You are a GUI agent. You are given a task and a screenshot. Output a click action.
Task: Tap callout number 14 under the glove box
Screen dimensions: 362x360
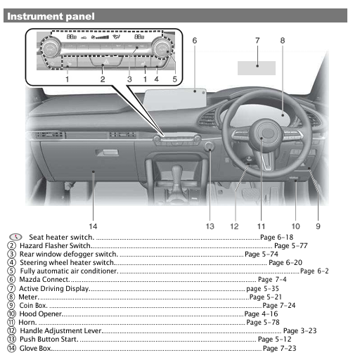[x=93, y=226]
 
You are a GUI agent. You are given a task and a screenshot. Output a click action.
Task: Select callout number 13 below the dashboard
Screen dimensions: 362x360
[x=210, y=226]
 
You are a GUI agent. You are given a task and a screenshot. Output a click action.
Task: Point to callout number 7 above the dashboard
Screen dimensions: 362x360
[x=257, y=41]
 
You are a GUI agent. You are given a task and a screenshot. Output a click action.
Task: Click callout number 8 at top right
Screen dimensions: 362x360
[x=283, y=41]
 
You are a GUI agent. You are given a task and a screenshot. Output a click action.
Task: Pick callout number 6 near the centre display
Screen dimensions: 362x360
[x=194, y=41]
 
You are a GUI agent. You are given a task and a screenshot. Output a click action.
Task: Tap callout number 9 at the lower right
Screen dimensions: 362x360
[x=318, y=226]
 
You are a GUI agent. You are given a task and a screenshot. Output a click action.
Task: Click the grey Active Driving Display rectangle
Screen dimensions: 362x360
[x=257, y=67]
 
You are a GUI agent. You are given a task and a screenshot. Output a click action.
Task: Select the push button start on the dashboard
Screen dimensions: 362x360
[x=209, y=147]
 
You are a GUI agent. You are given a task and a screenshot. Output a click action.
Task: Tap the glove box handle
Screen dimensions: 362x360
[x=107, y=153]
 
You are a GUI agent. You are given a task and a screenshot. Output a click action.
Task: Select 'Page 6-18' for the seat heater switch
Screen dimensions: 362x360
[x=276, y=238]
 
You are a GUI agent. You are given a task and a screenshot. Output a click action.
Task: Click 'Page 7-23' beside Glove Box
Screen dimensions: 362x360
[x=279, y=348]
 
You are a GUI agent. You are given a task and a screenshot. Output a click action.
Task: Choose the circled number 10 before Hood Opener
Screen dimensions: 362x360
[x=12, y=313]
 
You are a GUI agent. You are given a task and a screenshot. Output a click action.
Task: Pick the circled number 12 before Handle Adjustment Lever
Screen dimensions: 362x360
[x=12, y=330]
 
